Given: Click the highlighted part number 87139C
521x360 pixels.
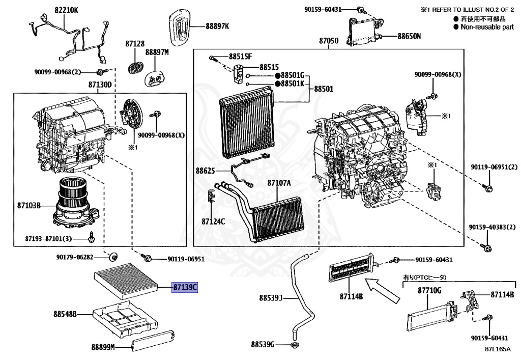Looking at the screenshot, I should point(185,288).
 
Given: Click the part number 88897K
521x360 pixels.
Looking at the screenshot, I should point(217,26).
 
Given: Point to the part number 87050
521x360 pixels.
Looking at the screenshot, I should point(329,40).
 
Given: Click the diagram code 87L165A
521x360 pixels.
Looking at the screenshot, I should point(498,349).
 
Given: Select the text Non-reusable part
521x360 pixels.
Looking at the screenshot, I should point(487,27).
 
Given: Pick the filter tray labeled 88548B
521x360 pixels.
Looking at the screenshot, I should point(64,314).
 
